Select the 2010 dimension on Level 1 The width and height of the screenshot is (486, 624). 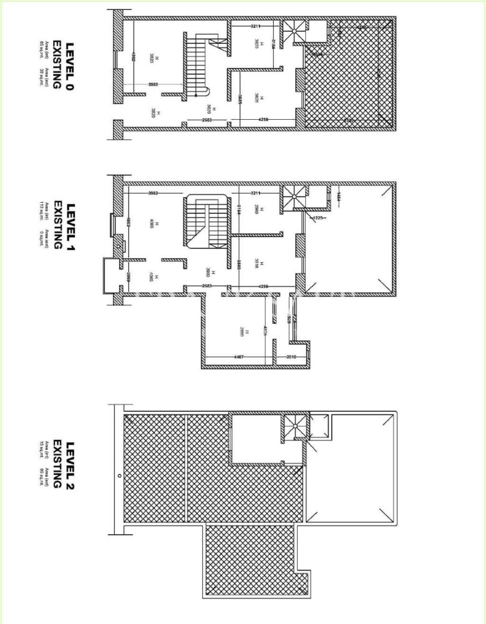(290, 356)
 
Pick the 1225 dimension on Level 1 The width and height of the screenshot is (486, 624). (317, 218)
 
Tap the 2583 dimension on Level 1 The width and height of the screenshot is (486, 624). (210, 286)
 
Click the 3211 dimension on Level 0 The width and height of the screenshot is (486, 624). (256, 26)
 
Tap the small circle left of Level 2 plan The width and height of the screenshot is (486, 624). (119, 475)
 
